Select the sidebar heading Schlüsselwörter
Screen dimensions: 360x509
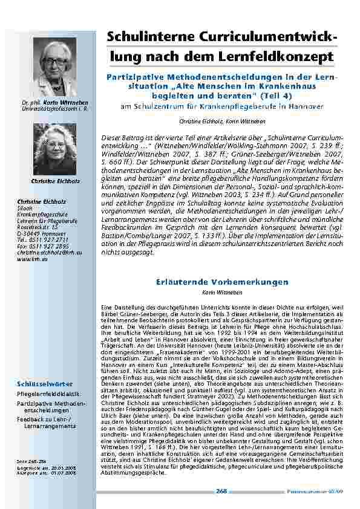[x=45, y=384]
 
